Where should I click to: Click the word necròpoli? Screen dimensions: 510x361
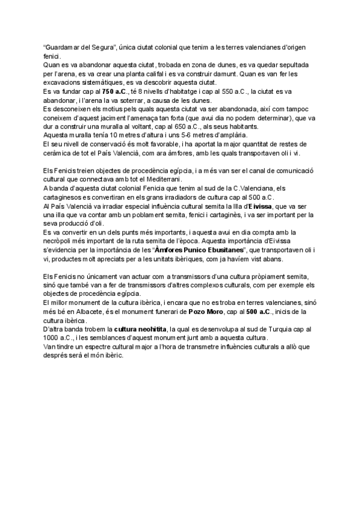tap(59, 239)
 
